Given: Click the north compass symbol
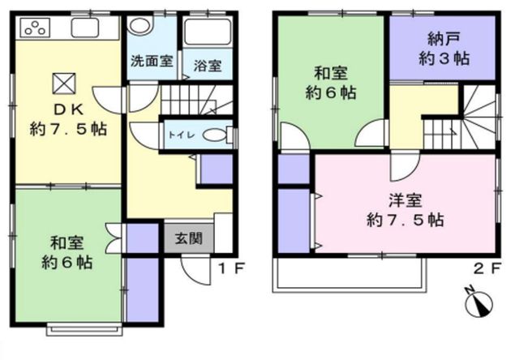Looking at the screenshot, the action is click(x=478, y=302).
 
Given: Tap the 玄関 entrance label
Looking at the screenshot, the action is click(x=189, y=238).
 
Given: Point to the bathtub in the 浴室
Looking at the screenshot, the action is click(x=208, y=32).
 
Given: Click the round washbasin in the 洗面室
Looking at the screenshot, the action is click(x=140, y=25).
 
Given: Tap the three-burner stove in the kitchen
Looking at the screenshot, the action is click(x=35, y=27).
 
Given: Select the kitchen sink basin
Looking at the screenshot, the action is click(x=84, y=28).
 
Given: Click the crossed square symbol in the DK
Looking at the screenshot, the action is click(x=64, y=84).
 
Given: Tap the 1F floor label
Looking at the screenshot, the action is click(x=232, y=268).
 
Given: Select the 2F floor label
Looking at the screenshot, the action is click(x=487, y=268).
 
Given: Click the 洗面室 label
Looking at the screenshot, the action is click(x=152, y=61).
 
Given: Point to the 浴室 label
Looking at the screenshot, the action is click(x=208, y=66).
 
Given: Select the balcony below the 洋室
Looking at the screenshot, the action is click(x=350, y=273).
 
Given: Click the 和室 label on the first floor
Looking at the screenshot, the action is click(x=67, y=243).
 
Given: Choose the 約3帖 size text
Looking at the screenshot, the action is click(x=444, y=59).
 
